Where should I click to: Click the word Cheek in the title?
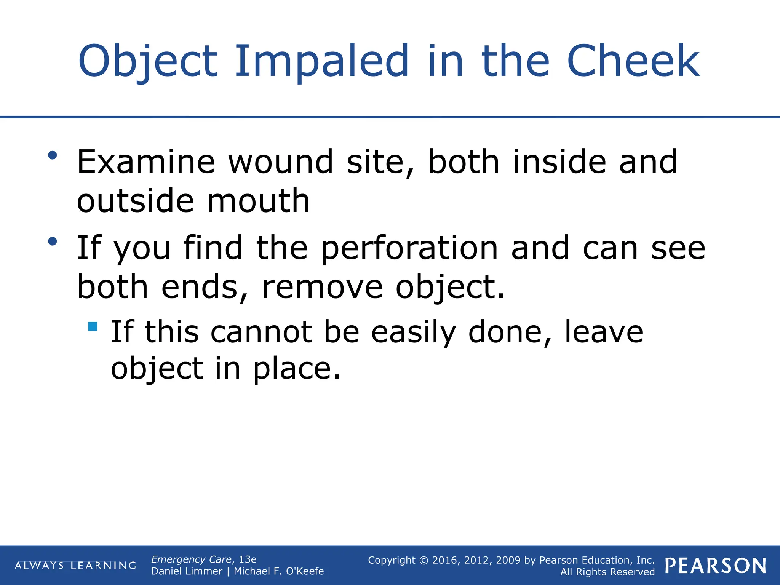tap(633, 61)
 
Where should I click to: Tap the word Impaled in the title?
tap(321, 61)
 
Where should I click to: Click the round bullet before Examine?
tap(53, 155)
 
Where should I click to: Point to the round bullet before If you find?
tap(53, 241)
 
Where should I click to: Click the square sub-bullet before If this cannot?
tap(93, 326)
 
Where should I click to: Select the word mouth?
tap(258, 201)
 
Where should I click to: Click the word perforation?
tap(409, 248)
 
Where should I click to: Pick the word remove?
tap(322, 287)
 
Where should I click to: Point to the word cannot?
tap(261, 332)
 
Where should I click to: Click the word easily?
tap(413, 332)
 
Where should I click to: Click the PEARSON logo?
tap(716, 566)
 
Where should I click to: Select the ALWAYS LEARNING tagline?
tap(75, 566)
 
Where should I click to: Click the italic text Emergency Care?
tap(191, 559)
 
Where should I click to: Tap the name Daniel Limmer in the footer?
tap(187, 571)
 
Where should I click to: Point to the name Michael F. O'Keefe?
tap(279, 571)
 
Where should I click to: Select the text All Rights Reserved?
tap(607, 572)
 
